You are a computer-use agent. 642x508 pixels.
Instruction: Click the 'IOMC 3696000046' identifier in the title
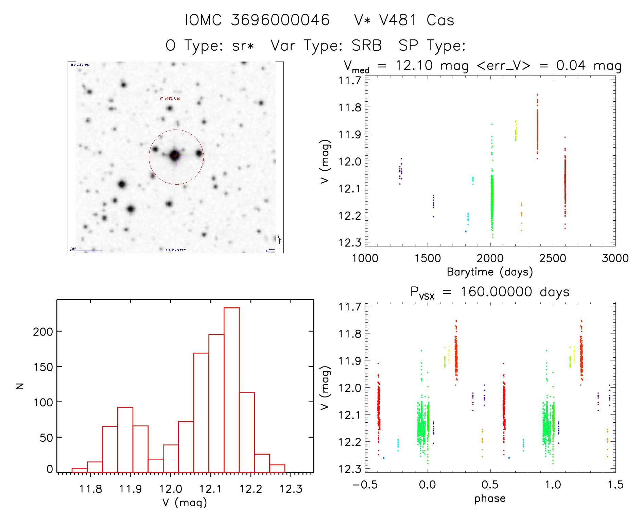(257, 20)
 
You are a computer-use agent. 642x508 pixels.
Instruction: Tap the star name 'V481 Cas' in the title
(417, 20)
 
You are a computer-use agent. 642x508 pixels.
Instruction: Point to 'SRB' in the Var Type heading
(367, 46)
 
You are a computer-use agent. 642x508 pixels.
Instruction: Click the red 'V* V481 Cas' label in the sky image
(170, 98)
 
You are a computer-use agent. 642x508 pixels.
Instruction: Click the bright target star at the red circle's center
(175, 155)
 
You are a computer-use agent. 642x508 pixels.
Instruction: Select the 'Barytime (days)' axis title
(490, 272)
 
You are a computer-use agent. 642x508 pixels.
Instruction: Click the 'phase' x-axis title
(490, 498)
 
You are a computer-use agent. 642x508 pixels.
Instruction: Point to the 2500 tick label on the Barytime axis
(553, 258)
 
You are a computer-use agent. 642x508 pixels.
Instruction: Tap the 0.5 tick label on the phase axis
(490, 485)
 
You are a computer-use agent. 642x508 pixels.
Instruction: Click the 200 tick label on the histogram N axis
(43, 332)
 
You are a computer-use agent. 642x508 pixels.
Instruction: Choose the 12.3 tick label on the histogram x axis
(291, 489)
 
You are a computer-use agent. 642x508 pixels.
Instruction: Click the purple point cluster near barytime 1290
(401, 171)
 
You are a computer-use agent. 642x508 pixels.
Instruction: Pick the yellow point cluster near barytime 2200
(516, 131)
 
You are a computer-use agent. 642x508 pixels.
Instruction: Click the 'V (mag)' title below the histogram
(185, 502)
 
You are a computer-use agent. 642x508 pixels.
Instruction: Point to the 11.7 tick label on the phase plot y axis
(350, 307)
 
